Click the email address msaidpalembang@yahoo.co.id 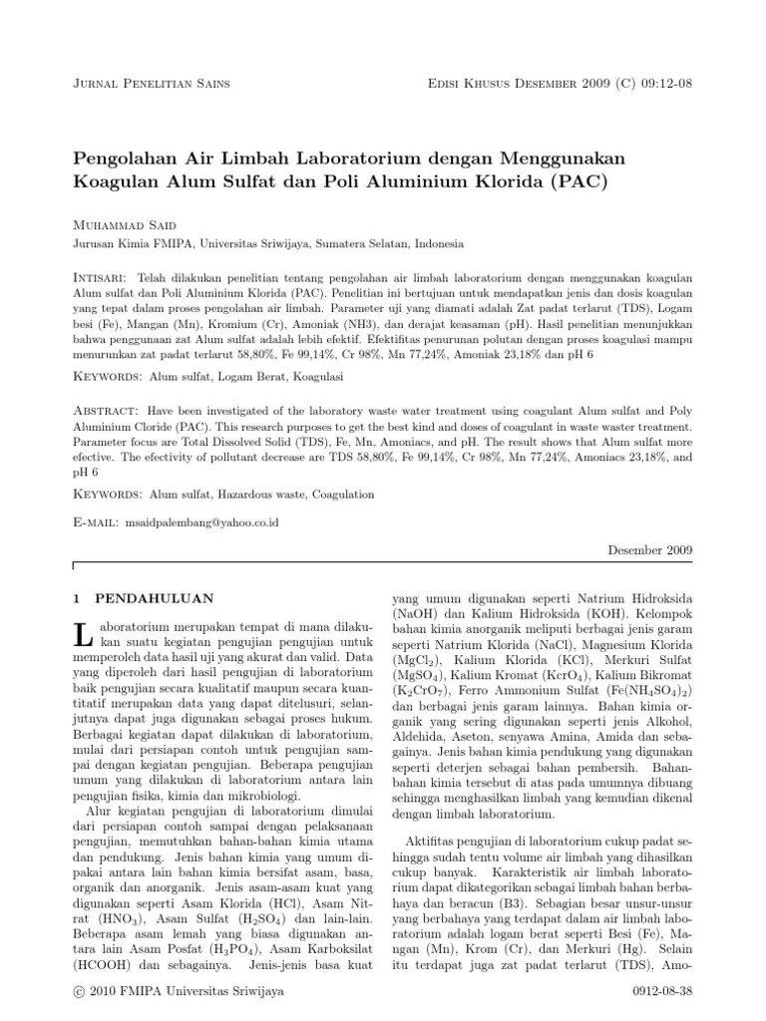pyautogui.click(x=206, y=522)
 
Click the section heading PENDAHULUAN pyautogui.click(x=154, y=598)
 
